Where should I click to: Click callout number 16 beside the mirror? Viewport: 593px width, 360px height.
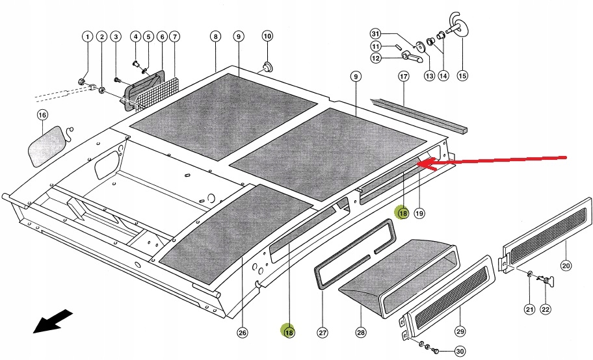coord(42,116)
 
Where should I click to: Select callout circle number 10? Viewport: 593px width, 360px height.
coord(267,36)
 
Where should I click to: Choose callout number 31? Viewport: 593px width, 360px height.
coord(375,34)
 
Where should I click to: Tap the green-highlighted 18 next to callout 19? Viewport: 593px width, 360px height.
coord(402,212)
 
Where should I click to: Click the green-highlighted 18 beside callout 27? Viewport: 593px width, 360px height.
coord(288,331)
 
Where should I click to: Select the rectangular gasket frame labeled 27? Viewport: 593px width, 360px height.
coord(354,253)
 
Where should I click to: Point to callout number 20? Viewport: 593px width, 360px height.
coord(565,265)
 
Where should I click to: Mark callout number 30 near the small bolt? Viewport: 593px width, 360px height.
coord(459,352)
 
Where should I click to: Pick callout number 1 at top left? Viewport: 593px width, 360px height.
coord(86,37)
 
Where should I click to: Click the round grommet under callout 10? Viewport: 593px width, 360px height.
coord(267,66)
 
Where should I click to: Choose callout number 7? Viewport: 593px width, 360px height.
coord(174,37)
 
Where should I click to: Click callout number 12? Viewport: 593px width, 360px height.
coord(375,58)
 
